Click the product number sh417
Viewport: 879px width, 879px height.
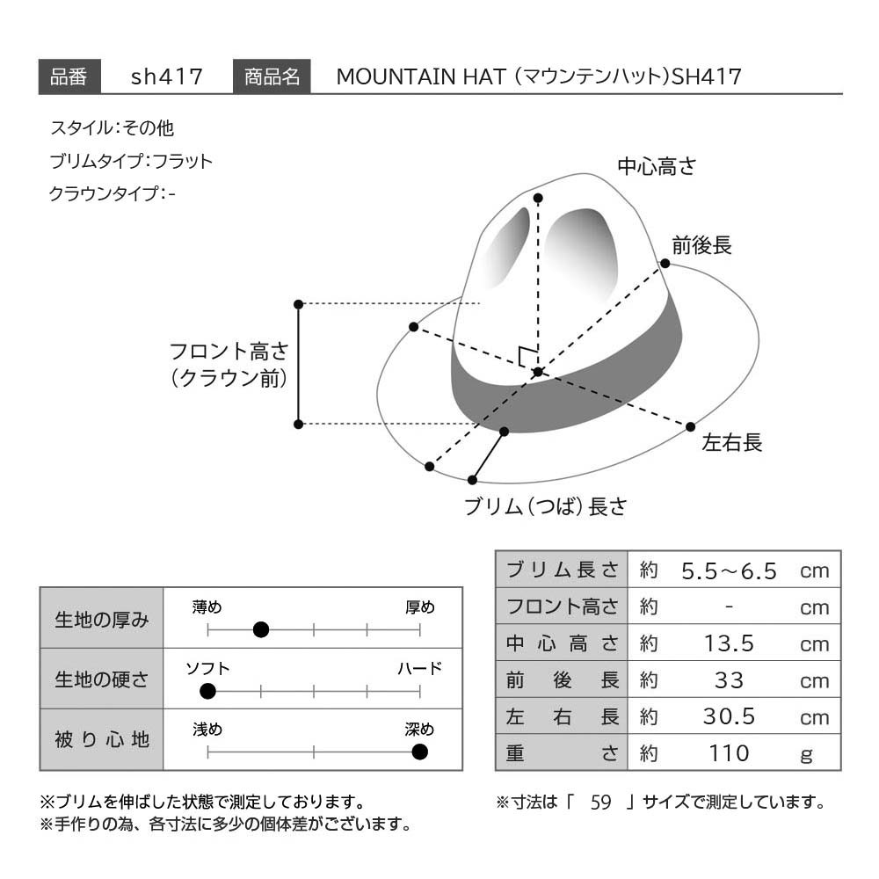pyautogui.click(x=166, y=76)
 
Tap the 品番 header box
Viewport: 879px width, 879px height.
pyautogui.click(x=69, y=76)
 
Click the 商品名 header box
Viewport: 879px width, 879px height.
pyautogui.click(x=272, y=76)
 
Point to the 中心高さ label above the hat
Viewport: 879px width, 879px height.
pyautogui.click(x=657, y=166)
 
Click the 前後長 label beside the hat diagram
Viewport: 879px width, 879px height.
pyautogui.click(x=701, y=245)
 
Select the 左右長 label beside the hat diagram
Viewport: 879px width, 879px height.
pyautogui.click(x=732, y=442)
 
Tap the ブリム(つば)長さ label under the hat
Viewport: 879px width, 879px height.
pyautogui.click(x=546, y=507)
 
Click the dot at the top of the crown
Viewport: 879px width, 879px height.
pyautogui.click(x=538, y=198)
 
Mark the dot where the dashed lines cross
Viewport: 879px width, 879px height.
pyautogui.click(x=538, y=372)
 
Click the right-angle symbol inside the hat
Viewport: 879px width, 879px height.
pyautogui.click(x=527, y=356)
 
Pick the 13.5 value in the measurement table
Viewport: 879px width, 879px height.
pyautogui.click(x=729, y=643)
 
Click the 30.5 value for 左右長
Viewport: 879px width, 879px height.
pyautogui.click(x=729, y=716)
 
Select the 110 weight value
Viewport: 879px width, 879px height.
pyautogui.click(x=729, y=753)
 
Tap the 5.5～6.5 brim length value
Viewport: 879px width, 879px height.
pyautogui.click(x=729, y=571)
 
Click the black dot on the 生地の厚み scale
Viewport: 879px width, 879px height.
pyautogui.click(x=261, y=630)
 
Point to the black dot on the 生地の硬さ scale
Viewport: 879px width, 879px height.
pyautogui.click(x=208, y=691)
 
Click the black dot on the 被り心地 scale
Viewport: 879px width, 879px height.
pyautogui.click(x=420, y=752)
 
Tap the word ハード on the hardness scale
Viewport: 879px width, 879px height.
pyautogui.click(x=420, y=668)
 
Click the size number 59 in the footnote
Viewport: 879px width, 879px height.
pyautogui.click(x=600, y=803)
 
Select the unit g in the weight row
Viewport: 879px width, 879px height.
pyautogui.click(x=807, y=754)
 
